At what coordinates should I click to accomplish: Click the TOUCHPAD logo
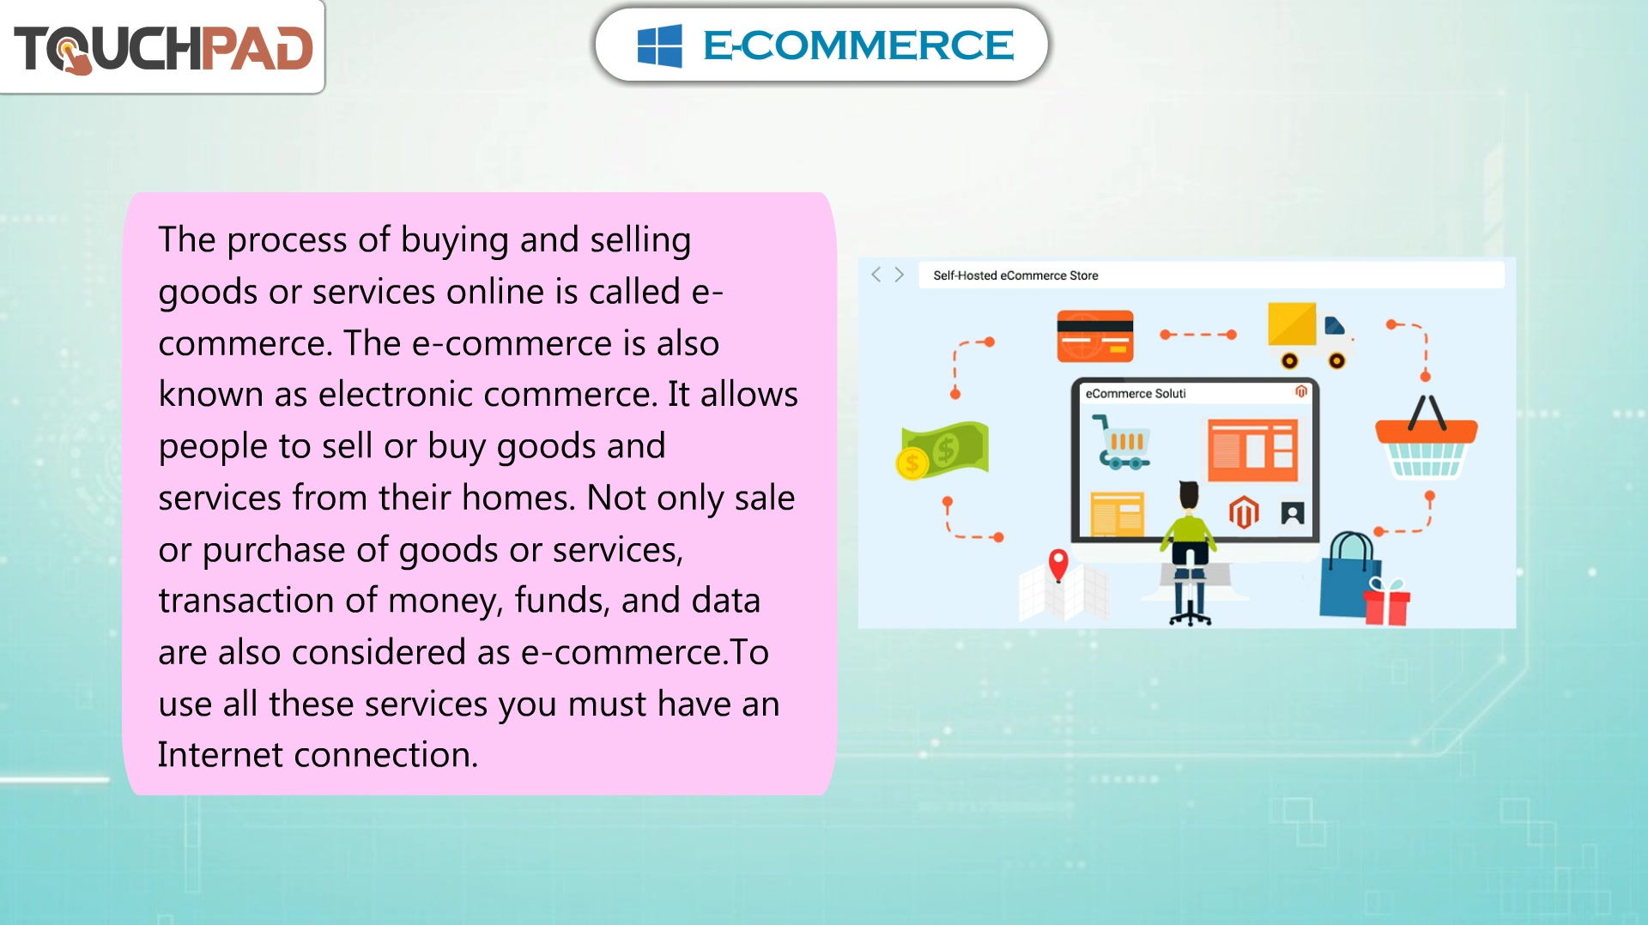click(x=163, y=48)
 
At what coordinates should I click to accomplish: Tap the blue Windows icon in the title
click(x=659, y=45)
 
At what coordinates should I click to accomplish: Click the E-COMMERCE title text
click(x=857, y=45)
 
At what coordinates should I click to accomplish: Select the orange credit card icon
click(x=1094, y=336)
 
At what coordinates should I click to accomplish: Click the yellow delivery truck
click(x=1310, y=336)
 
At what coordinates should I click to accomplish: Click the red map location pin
click(x=1058, y=565)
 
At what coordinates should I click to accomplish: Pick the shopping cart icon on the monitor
click(x=1120, y=442)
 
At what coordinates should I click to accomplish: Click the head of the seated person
click(x=1189, y=495)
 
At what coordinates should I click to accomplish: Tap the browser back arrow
click(x=875, y=275)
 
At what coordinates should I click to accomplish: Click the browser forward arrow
click(x=899, y=275)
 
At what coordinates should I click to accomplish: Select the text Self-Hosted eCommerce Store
click(x=1015, y=275)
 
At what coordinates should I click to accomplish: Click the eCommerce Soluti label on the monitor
click(x=1136, y=394)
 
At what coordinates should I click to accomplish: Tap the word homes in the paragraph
click(x=518, y=498)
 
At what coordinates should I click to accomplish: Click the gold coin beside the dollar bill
click(x=912, y=464)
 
